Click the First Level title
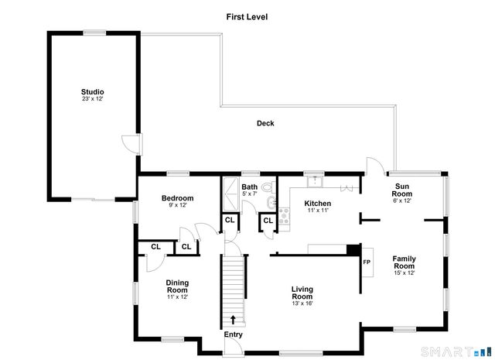pyautogui.click(x=247, y=16)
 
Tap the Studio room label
pyautogui.click(x=93, y=91)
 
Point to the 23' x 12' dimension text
pyautogui.click(x=93, y=99)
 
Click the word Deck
pyautogui.click(x=265, y=123)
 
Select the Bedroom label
pyautogui.click(x=177, y=198)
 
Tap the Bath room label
pyautogui.click(x=249, y=187)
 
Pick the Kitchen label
pyautogui.click(x=317, y=203)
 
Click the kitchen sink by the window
pyautogui.click(x=314, y=181)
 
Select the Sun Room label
pyautogui.click(x=403, y=190)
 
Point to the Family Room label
pyautogui.click(x=404, y=262)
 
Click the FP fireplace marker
pyautogui.click(x=367, y=262)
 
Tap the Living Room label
pyautogui.click(x=302, y=293)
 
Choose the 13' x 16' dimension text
pyautogui.click(x=302, y=303)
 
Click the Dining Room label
pyautogui.click(x=177, y=286)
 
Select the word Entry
pyautogui.click(x=233, y=334)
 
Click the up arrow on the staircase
pyautogui.click(x=234, y=319)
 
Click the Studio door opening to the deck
pyautogui.click(x=132, y=143)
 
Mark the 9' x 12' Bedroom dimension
pyautogui.click(x=177, y=206)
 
